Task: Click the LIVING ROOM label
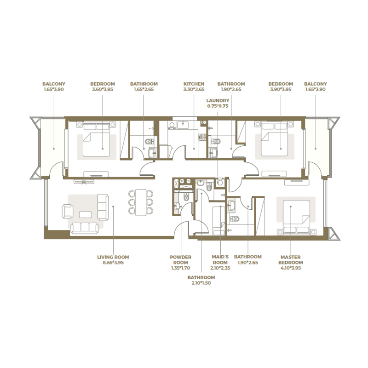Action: [x=113, y=257]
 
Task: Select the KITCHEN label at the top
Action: [x=194, y=84]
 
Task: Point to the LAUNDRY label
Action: [x=218, y=100]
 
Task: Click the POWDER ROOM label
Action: [x=180, y=260]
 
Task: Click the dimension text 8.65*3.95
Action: [x=113, y=263]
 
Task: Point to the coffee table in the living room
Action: [x=85, y=214]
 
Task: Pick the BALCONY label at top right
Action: [x=316, y=84]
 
